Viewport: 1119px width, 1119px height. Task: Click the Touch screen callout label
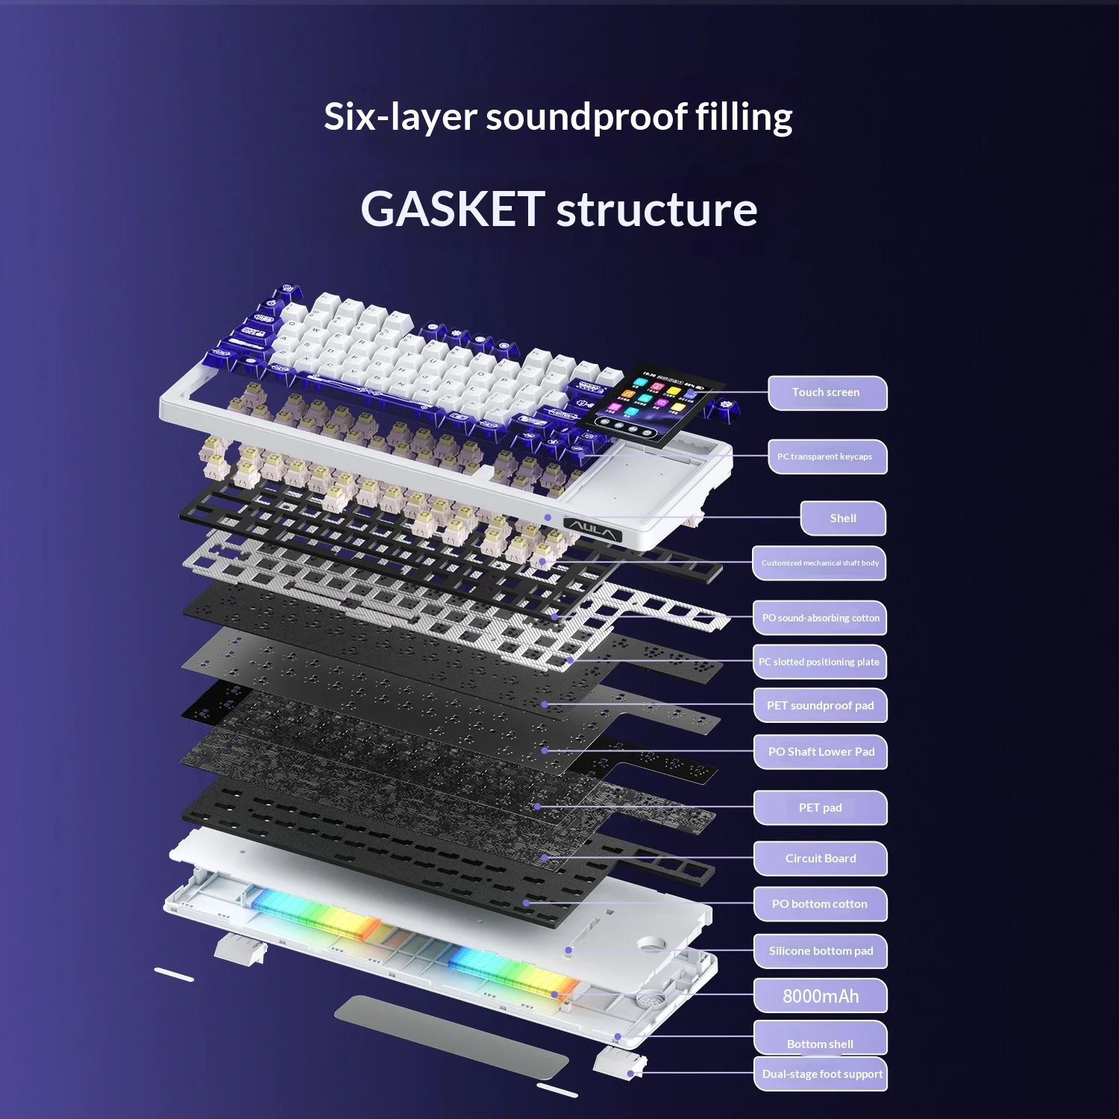tap(827, 392)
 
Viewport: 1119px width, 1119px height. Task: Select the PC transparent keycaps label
tap(827, 457)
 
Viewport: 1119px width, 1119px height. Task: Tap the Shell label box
tap(843, 518)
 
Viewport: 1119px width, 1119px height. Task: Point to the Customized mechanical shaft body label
tap(819, 563)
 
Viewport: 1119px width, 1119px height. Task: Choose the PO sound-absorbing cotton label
tap(820, 618)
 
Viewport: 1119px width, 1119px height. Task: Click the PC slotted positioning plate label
tap(820, 662)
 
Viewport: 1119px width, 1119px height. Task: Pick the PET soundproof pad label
tap(821, 705)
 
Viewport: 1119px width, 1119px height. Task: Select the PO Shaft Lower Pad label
tap(821, 751)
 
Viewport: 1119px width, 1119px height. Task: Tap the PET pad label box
tap(821, 807)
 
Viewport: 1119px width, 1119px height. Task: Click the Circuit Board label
tap(821, 858)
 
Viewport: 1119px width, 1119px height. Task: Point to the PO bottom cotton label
tap(821, 903)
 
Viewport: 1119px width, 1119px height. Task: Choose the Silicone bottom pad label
tap(821, 950)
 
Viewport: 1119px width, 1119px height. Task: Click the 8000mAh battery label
tap(821, 996)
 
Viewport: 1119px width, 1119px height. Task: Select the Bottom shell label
tap(821, 1038)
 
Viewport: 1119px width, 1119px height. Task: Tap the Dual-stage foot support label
tap(821, 1073)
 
